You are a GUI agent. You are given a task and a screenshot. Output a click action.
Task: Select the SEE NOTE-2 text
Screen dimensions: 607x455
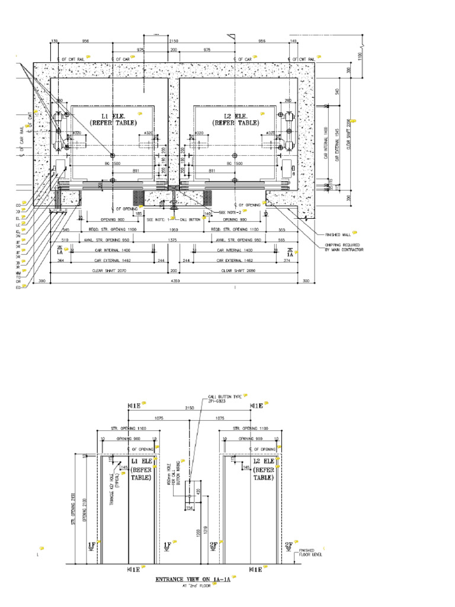(232, 212)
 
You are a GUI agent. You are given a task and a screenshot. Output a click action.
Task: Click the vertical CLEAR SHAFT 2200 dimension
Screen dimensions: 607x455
(350, 134)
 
